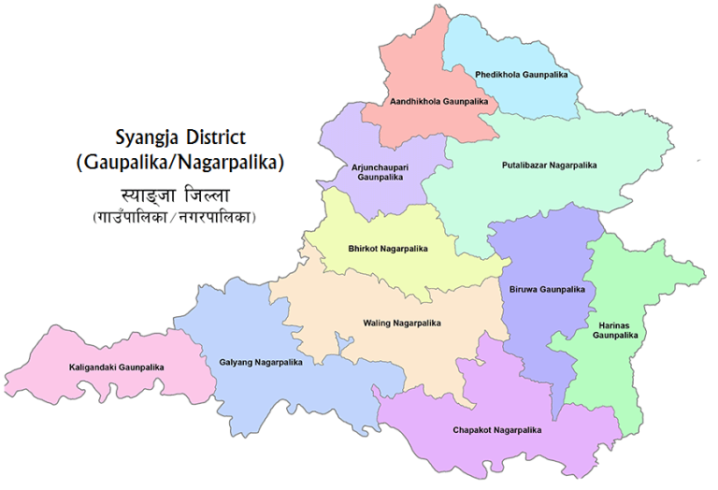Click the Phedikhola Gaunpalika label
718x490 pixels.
point(521,74)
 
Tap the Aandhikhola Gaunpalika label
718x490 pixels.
point(439,100)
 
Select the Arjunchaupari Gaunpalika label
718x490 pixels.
point(379,171)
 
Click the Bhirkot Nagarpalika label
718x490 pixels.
point(387,249)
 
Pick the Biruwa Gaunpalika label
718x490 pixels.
point(548,289)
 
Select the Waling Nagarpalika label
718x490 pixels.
point(401,324)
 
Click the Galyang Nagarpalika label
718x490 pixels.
point(260,362)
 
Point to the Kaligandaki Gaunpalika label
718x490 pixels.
point(117,367)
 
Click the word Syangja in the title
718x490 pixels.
point(149,137)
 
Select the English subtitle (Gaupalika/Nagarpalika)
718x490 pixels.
point(179,163)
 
